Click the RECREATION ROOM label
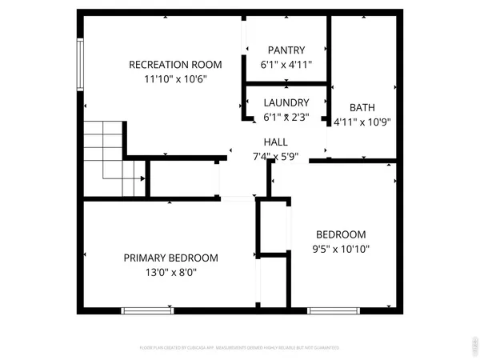[177, 65]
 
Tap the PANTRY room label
[286, 50]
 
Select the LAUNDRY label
[286, 102]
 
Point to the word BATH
[362, 108]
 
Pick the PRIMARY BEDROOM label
[170, 258]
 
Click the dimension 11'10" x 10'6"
[177, 79]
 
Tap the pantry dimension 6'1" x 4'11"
[286, 65]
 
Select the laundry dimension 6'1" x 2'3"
[286, 117]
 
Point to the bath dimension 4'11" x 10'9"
[362, 122]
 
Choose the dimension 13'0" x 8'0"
[170, 272]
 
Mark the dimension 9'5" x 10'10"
[341, 249]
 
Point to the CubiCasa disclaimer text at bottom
[239, 349]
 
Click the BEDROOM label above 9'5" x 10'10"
[341, 234]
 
